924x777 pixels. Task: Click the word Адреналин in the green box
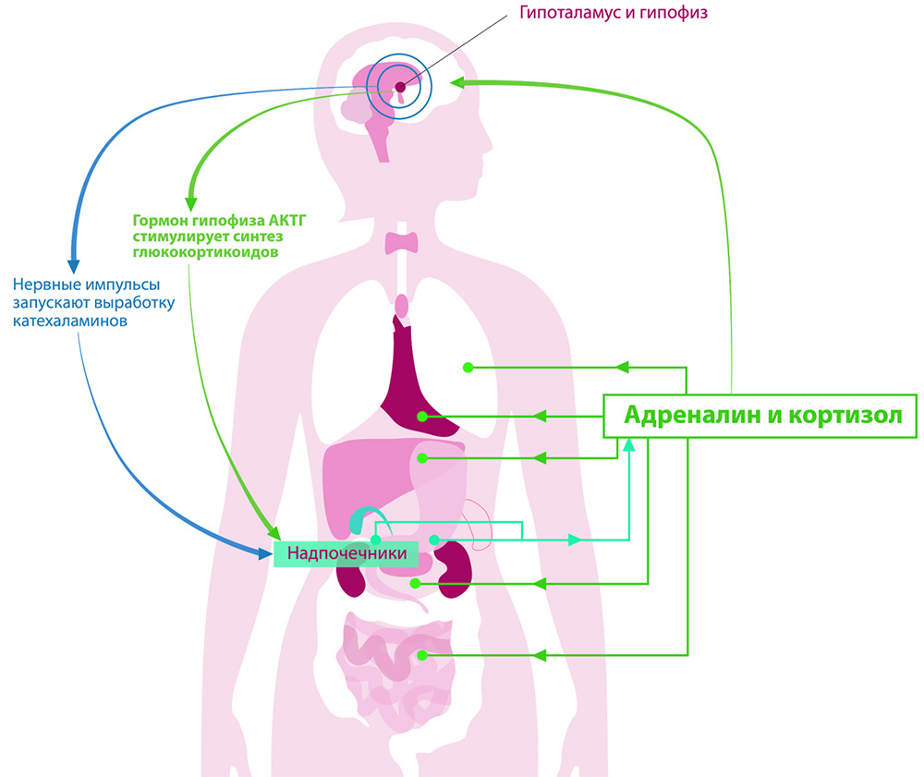click(693, 415)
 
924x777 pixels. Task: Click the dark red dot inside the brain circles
click(400, 87)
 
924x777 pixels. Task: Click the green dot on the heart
click(421, 417)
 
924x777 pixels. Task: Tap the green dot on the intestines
click(421, 655)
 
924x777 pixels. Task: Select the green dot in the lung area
click(468, 368)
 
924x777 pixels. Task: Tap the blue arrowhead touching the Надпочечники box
click(262, 552)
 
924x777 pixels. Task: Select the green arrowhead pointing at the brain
click(459, 82)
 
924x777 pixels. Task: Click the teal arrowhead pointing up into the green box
click(629, 445)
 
